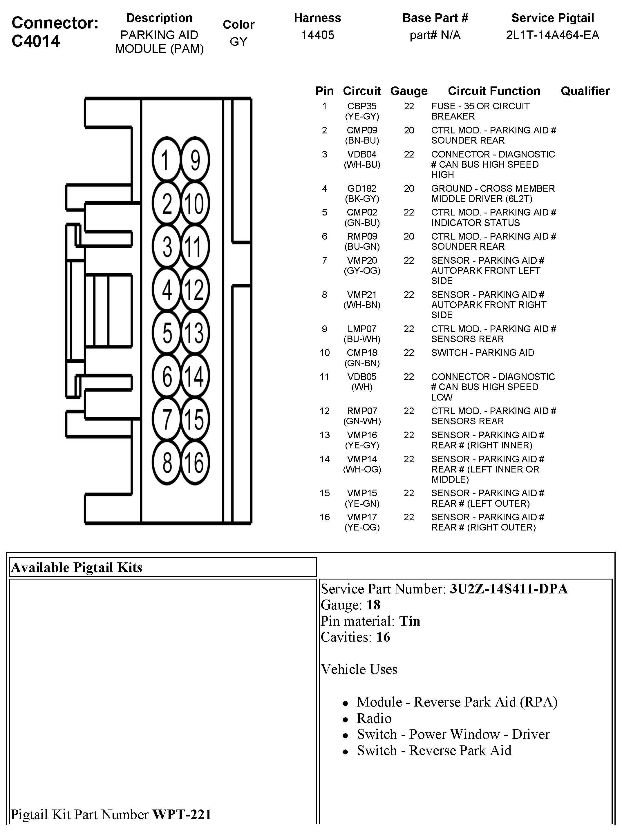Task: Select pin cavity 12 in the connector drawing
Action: pos(195,289)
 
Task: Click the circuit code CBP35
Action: pos(361,106)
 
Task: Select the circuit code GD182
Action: pos(361,189)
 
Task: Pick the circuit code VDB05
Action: pos(361,377)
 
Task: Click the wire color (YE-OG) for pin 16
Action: pos(362,527)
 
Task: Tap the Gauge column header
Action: pos(408,91)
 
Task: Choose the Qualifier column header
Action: pos(585,91)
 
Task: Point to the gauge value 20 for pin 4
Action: pos(409,189)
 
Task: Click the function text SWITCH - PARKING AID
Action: pos(482,353)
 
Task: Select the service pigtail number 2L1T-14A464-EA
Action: pos(552,35)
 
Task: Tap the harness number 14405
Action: pos(317,35)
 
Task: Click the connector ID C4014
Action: pos(36,41)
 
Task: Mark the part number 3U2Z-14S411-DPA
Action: pos(508,589)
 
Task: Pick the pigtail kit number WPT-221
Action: pos(182,814)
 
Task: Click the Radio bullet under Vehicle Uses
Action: pos(374,718)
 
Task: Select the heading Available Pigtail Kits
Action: pos(77,567)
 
